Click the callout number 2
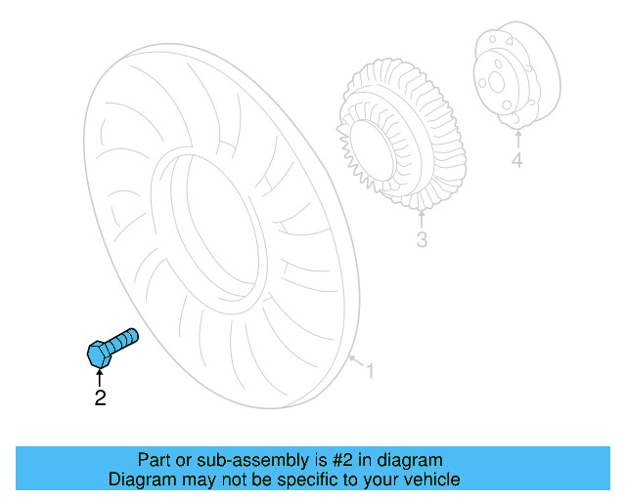(x=99, y=397)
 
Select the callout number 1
(x=370, y=371)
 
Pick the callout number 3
(x=422, y=239)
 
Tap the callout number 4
(x=516, y=160)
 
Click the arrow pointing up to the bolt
(x=99, y=376)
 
